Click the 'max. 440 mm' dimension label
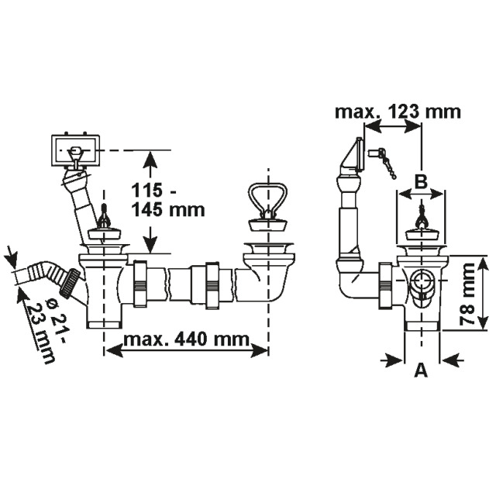tap(186, 339)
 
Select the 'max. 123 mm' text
tap(398, 112)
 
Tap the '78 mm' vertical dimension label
tap(467, 294)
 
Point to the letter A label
tap(421, 370)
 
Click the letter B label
tap(421, 182)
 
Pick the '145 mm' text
tap(168, 209)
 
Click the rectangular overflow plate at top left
tap(75, 150)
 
